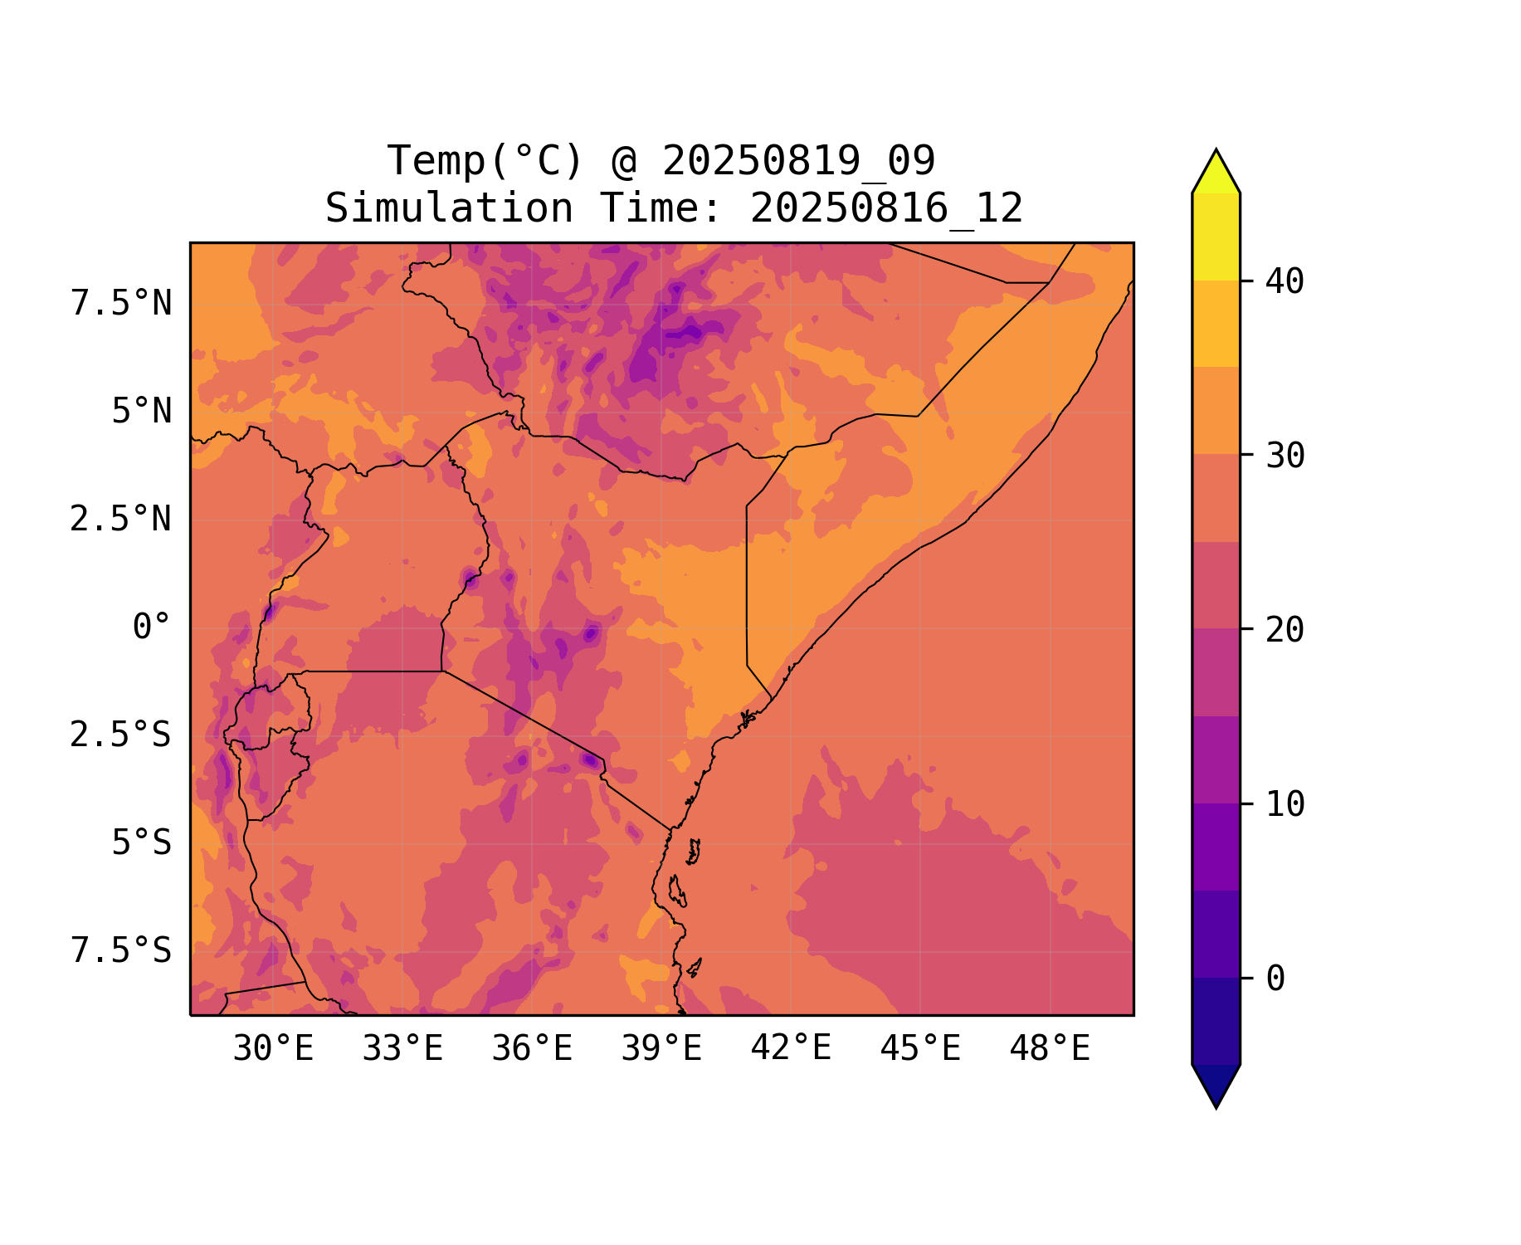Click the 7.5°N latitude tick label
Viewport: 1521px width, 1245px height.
[121, 304]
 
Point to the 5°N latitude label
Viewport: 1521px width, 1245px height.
[142, 412]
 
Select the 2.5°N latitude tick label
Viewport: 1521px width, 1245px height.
[121, 520]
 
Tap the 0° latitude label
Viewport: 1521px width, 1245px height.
[152, 627]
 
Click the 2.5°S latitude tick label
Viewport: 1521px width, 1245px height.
[121, 735]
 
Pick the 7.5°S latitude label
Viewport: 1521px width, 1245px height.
[121, 951]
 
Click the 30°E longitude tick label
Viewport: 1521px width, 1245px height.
[273, 1049]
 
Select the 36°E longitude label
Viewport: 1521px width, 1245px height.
[532, 1049]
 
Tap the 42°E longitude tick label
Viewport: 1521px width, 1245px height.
[791, 1049]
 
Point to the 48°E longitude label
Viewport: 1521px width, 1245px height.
[1050, 1049]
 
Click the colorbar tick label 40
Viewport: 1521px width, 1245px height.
[1285, 282]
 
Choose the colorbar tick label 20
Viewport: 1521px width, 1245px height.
[1285, 630]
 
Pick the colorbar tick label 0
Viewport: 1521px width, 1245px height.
[1275, 979]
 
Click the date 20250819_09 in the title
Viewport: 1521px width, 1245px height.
[798, 161]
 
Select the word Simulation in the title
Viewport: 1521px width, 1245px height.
[449, 208]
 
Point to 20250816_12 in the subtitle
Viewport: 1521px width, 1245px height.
[886, 208]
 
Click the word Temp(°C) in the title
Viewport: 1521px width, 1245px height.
[485, 161]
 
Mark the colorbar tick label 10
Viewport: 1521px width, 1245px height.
[1285, 804]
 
